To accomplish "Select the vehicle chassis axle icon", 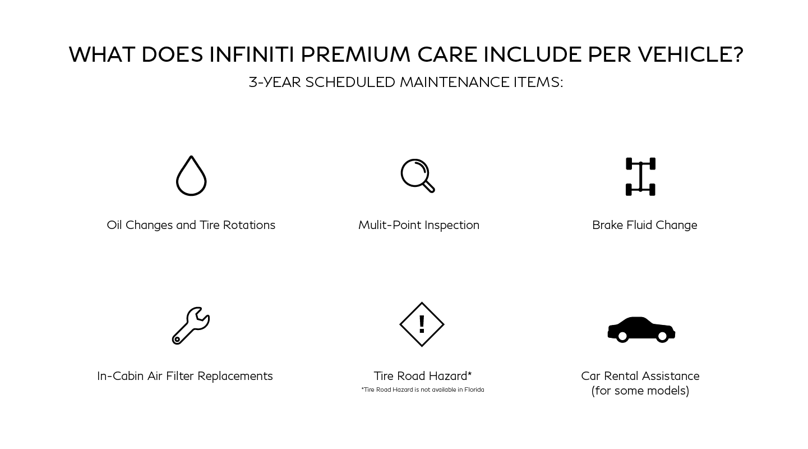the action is pyautogui.click(x=640, y=176).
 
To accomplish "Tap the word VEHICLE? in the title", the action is pyautogui.click(x=691, y=54).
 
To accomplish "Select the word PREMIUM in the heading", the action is pyautogui.click(x=355, y=54).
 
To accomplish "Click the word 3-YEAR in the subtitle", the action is pyautogui.click(x=275, y=82).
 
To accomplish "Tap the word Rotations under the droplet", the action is pyautogui.click(x=249, y=225).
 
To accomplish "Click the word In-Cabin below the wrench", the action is pyautogui.click(x=121, y=375).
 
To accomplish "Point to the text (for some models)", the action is pyautogui.click(x=640, y=391).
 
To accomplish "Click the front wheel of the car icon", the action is pyautogui.click(x=663, y=336).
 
